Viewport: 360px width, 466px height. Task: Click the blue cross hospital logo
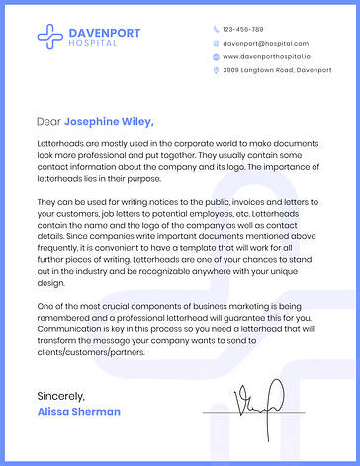click(50, 37)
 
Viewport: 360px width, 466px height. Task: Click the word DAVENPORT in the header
click(104, 33)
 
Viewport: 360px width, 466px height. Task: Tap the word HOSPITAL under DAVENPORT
click(92, 43)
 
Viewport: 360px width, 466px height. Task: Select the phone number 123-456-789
click(243, 30)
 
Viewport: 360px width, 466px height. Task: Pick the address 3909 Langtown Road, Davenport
click(277, 71)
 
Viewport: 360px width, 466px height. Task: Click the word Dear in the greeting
click(48, 122)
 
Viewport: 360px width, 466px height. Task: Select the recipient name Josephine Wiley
click(109, 122)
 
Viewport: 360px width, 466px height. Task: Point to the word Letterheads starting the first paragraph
click(60, 145)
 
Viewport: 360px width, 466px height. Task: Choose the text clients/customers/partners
click(91, 351)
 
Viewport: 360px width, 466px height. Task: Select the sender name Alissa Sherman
click(78, 411)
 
